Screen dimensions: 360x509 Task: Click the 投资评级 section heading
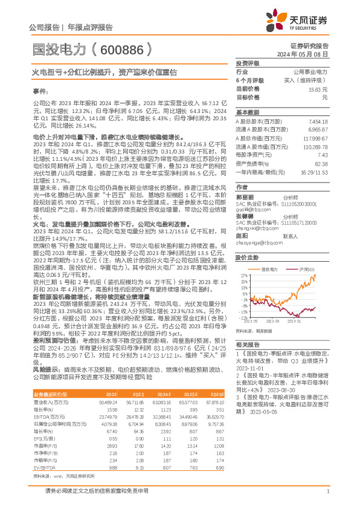[x=247, y=63]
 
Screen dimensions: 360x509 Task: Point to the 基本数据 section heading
[x=247, y=112]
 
